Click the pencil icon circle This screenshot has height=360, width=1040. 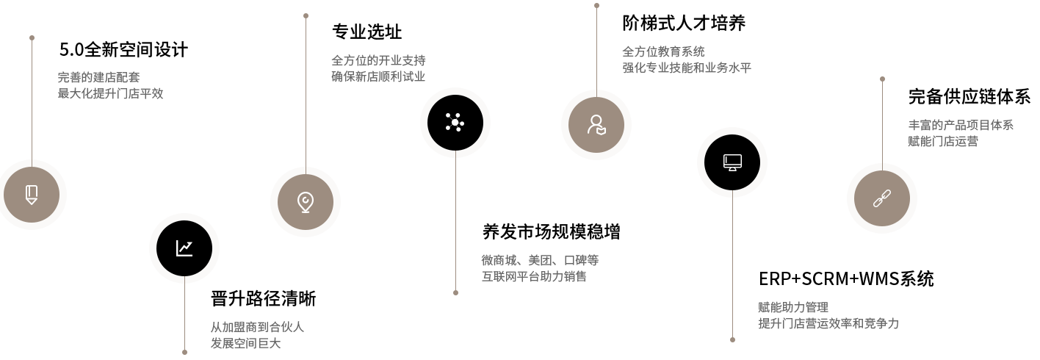pos(32,195)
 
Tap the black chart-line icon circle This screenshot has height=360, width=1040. pos(184,248)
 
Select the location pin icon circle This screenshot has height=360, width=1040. pos(306,202)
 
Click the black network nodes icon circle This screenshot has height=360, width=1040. pos(455,123)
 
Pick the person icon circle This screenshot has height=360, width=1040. pos(596,125)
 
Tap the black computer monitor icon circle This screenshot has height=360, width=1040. pos(732,162)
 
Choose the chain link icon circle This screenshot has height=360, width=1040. pos(882,198)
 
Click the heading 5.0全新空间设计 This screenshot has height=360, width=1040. pos(123,50)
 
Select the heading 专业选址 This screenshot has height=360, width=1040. pos(366,32)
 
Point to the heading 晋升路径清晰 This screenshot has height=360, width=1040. pos(263,299)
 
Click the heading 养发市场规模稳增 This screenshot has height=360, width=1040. pos(551,231)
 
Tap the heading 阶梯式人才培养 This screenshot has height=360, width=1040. pos(684,24)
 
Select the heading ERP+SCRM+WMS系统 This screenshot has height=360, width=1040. pos(846,279)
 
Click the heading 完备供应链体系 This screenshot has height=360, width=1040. pos(969,97)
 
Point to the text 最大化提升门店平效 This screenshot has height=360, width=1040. pos(110,93)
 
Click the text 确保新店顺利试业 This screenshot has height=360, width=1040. pos(378,76)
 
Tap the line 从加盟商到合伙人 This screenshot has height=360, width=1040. pos(257,327)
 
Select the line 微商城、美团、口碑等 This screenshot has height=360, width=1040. pos(540,260)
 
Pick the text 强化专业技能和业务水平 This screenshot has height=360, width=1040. pos(687,68)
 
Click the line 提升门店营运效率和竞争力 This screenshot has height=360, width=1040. pos(828,323)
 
